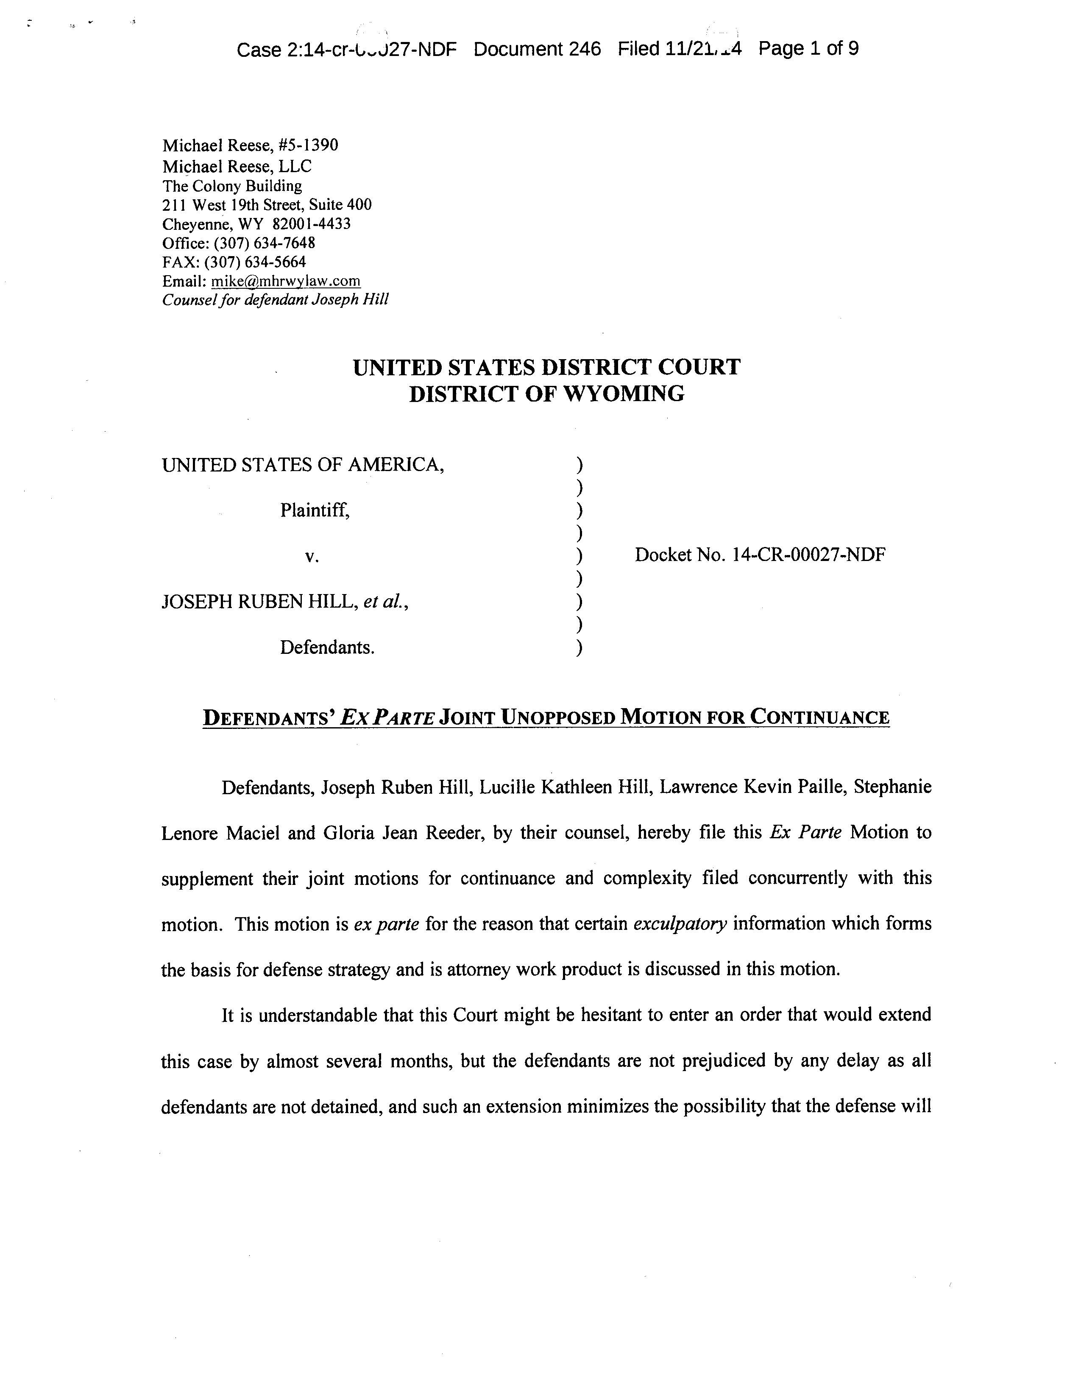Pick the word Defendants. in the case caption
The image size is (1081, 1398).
point(327,648)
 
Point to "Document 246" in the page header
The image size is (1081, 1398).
point(537,49)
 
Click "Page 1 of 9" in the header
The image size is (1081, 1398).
point(808,49)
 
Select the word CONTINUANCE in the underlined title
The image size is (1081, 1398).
point(820,717)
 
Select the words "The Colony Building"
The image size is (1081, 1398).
point(232,186)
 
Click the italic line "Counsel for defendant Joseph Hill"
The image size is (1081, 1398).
point(275,299)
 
